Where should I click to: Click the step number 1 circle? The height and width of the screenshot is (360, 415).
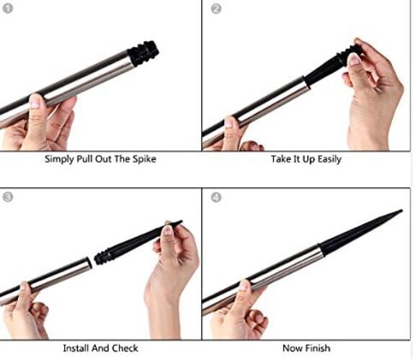[x=8, y=9]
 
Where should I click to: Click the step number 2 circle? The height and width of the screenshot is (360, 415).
[x=216, y=9]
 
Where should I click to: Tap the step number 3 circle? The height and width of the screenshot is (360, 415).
[x=8, y=197]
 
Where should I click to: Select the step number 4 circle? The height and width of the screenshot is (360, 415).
[x=216, y=197]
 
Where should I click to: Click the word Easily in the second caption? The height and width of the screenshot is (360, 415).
[x=329, y=159]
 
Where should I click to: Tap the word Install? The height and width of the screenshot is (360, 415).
[x=76, y=348]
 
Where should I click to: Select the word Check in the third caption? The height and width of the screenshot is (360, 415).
[x=125, y=348]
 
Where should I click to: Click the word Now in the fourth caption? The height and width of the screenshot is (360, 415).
[x=293, y=348]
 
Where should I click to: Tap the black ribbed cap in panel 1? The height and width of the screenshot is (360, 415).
[x=143, y=53]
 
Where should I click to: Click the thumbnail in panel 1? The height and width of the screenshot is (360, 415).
[x=35, y=101]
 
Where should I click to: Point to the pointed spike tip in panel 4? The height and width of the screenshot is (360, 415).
[x=402, y=211]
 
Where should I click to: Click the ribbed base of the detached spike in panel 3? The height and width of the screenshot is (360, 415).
[x=102, y=256]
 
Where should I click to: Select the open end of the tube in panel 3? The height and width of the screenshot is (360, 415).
[x=89, y=263]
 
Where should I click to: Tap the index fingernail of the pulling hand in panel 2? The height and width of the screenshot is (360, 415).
[x=354, y=59]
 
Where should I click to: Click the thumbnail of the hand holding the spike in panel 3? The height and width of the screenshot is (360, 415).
[x=168, y=230]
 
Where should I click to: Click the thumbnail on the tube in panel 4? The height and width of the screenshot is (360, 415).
[x=244, y=286]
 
